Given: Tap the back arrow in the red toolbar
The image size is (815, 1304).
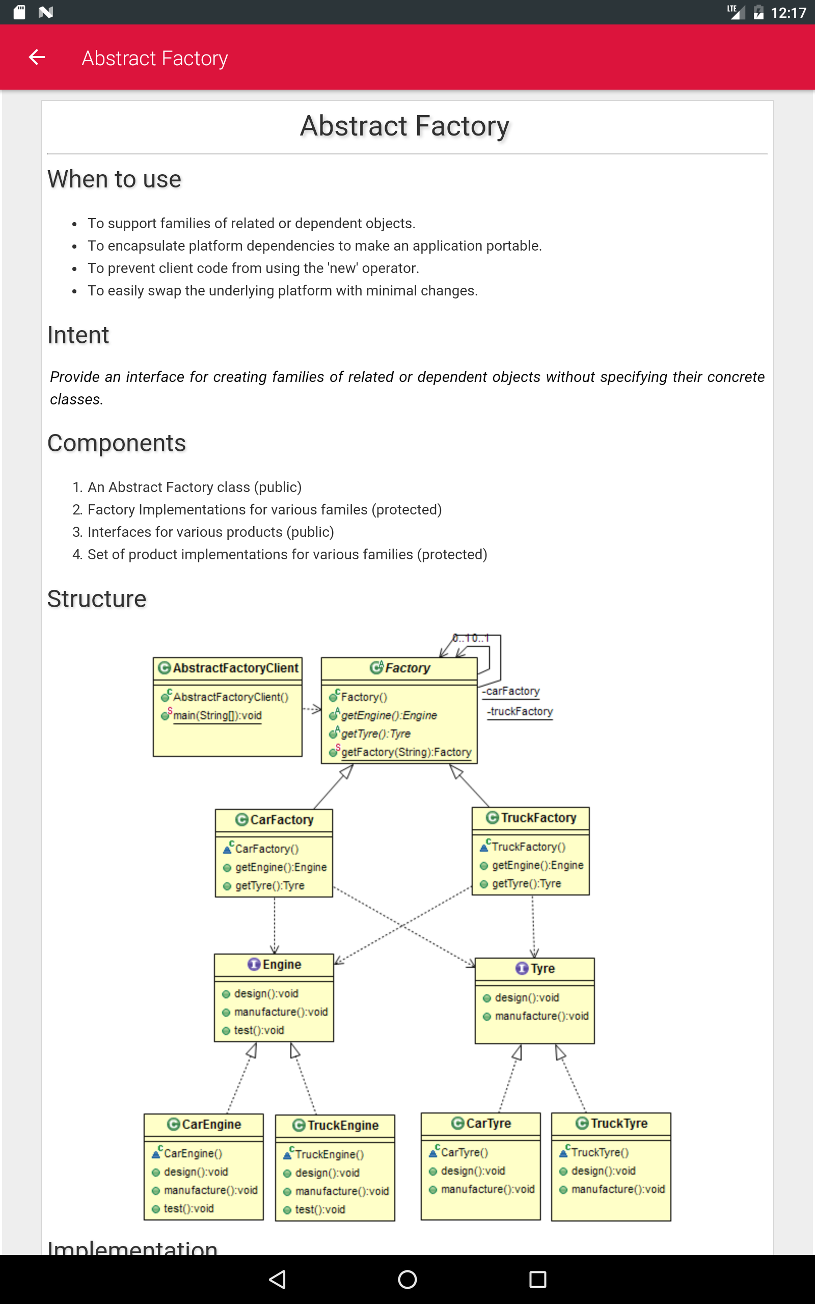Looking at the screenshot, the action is [x=37, y=57].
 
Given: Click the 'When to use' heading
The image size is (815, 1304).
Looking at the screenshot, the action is [x=114, y=179].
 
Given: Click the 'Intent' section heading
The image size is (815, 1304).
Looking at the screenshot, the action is [x=78, y=335].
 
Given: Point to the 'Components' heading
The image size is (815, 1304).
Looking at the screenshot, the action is [x=117, y=444].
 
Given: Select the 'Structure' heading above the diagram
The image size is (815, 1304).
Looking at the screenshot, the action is [x=97, y=599].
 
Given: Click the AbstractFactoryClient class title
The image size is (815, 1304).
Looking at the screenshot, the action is [x=235, y=668].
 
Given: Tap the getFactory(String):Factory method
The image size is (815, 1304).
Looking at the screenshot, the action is [x=406, y=752].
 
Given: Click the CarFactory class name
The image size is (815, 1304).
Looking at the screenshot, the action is [x=281, y=820].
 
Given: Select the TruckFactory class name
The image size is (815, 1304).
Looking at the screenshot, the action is [x=538, y=818].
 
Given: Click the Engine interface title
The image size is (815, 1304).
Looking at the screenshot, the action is [x=281, y=965].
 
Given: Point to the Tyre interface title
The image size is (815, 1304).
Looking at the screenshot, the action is [x=542, y=968].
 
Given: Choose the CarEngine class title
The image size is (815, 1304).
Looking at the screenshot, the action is [x=211, y=1125].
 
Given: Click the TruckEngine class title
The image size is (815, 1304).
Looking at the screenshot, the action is [x=343, y=1126].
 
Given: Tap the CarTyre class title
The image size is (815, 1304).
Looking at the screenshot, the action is [x=488, y=1124].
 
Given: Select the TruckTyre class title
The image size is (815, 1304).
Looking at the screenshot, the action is [x=619, y=1124].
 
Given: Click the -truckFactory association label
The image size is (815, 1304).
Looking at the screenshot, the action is [x=520, y=712].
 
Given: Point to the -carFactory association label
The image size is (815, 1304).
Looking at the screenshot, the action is [x=511, y=691].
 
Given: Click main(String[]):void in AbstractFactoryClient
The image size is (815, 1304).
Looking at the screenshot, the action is [x=217, y=716].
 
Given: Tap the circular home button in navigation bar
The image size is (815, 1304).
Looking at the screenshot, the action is [x=407, y=1279].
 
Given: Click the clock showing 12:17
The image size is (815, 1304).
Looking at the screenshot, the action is [x=788, y=12].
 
